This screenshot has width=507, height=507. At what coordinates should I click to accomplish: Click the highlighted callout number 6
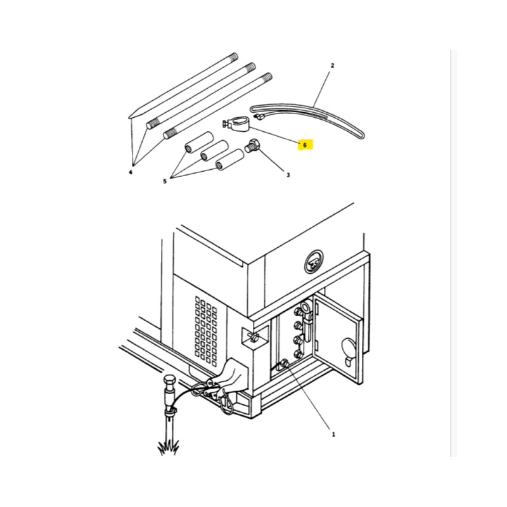305,145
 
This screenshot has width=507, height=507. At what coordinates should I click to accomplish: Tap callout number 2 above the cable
332,66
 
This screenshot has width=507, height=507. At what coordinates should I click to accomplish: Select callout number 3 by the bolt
288,175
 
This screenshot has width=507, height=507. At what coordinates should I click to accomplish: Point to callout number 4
131,172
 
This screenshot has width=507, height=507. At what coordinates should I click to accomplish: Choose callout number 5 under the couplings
165,181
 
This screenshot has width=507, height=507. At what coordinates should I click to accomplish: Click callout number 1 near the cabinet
333,435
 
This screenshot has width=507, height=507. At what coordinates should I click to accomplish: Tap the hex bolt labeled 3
253,146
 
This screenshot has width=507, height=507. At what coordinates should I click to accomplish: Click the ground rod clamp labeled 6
237,124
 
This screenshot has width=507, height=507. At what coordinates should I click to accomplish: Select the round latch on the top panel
313,262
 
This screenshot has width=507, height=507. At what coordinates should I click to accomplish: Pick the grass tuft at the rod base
168,449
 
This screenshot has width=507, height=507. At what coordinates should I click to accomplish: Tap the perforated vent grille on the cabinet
206,331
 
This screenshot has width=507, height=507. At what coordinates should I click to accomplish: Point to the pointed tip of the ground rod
129,117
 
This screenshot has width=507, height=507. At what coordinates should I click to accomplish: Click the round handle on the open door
348,347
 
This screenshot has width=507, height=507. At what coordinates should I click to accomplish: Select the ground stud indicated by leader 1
285,363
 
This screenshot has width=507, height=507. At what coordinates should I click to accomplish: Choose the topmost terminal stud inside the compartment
298,312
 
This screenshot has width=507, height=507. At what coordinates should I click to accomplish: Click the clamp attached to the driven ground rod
170,412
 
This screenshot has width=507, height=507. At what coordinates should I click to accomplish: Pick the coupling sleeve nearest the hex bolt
229,159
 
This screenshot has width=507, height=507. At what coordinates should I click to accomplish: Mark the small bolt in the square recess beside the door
254,337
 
